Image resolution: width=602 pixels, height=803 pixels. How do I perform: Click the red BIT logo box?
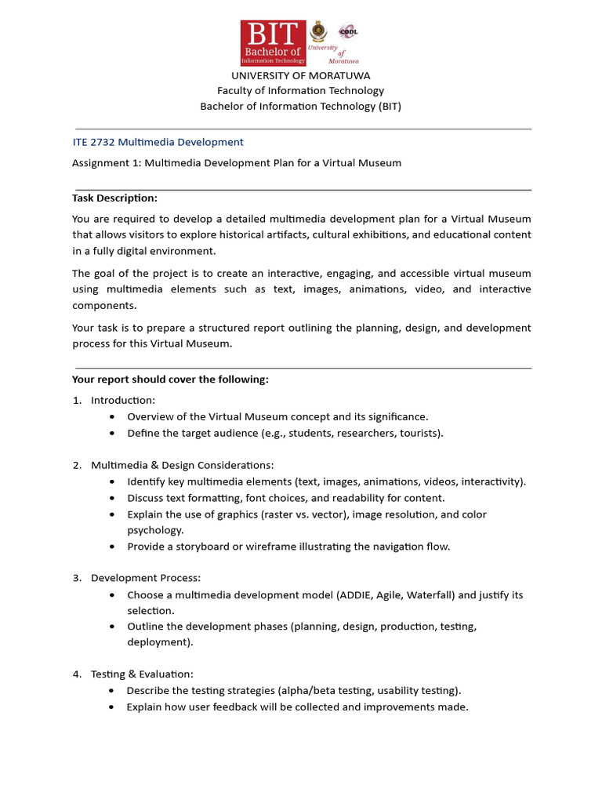pyautogui.click(x=273, y=43)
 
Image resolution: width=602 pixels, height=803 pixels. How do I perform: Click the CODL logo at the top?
pyautogui.click(x=347, y=31)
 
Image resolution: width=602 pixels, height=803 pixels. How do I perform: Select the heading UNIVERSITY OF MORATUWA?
pyautogui.click(x=300, y=75)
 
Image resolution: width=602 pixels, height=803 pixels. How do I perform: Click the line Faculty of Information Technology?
pyautogui.click(x=300, y=91)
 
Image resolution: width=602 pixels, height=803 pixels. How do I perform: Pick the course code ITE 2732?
pyautogui.click(x=93, y=142)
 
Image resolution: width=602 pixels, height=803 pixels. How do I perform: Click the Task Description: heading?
pyautogui.click(x=114, y=198)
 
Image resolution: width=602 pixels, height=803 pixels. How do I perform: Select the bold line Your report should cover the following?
pyautogui.click(x=170, y=380)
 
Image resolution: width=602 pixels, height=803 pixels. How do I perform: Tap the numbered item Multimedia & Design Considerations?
pyautogui.click(x=182, y=465)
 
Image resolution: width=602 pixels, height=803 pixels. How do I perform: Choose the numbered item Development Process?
pyautogui.click(x=146, y=578)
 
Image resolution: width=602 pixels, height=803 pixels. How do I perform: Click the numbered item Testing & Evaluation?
pyautogui.click(x=142, y=674)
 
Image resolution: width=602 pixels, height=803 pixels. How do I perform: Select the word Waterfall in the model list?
pyautogui.click(x=429, y=595)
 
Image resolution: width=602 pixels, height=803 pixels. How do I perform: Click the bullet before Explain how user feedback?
pyautogui.click(x=113, y=707)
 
